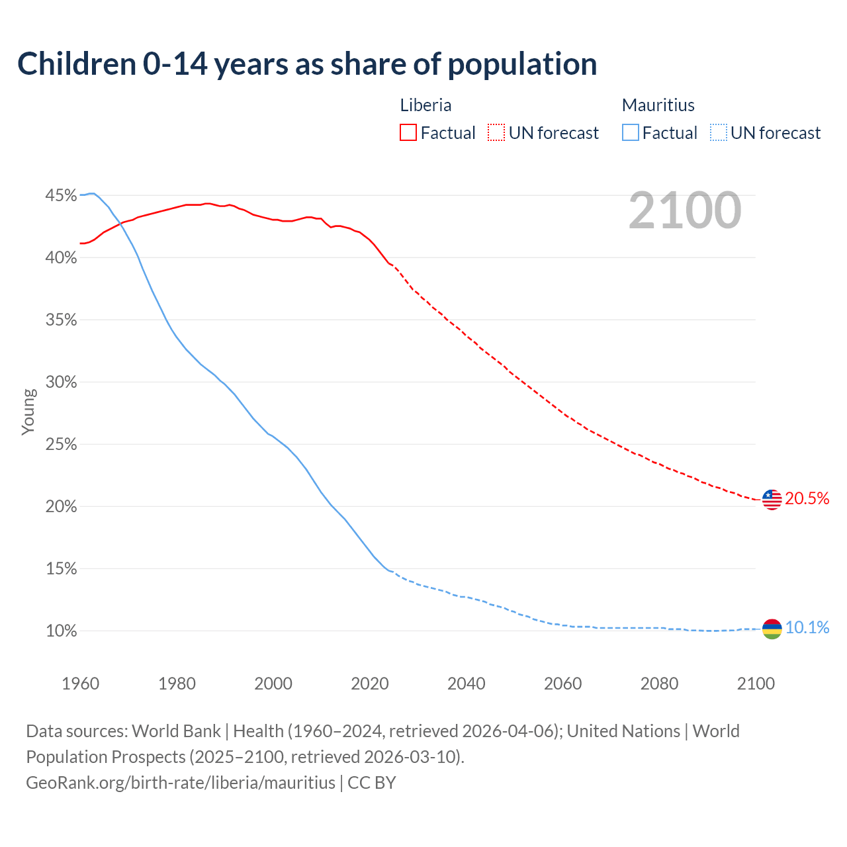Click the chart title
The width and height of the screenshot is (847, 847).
(307, 64)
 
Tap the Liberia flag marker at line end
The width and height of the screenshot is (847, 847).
(772, 500)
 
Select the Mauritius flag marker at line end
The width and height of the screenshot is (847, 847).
(772, 629)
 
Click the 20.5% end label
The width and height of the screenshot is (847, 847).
(807, 499)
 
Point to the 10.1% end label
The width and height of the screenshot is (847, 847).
(807, 628)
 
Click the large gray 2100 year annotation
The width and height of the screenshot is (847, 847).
(685, 210)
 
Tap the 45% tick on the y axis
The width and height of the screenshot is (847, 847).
(61, 196)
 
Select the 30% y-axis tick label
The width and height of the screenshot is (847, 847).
(61, 382)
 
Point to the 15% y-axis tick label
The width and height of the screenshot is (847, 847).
(61, 569)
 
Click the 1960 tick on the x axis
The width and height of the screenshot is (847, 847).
(80, 684)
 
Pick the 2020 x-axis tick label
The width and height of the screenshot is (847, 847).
(369, 684)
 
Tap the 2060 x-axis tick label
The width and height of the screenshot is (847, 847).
(562, 684)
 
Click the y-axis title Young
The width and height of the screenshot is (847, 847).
(28, 412)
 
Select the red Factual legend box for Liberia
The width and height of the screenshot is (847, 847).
(408, 133)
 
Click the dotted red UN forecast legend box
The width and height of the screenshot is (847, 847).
(496, 133)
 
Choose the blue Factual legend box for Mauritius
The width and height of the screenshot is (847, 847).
(631, 133)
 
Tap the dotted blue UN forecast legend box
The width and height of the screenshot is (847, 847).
(718, 133)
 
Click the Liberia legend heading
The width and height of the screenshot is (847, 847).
(425, 105)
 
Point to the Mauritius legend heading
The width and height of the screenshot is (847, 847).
(658, 105)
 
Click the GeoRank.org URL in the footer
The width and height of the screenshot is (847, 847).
(181, 783)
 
